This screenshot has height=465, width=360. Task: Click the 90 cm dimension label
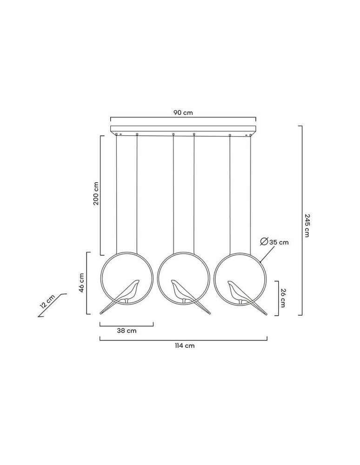183,113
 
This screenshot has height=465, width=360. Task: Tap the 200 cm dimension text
96,193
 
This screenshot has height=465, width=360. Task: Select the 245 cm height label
307,225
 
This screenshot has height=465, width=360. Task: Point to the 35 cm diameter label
279,242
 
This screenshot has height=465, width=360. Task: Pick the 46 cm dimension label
81,283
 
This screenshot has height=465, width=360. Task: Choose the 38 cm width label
127,331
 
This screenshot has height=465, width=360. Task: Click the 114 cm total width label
184,345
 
